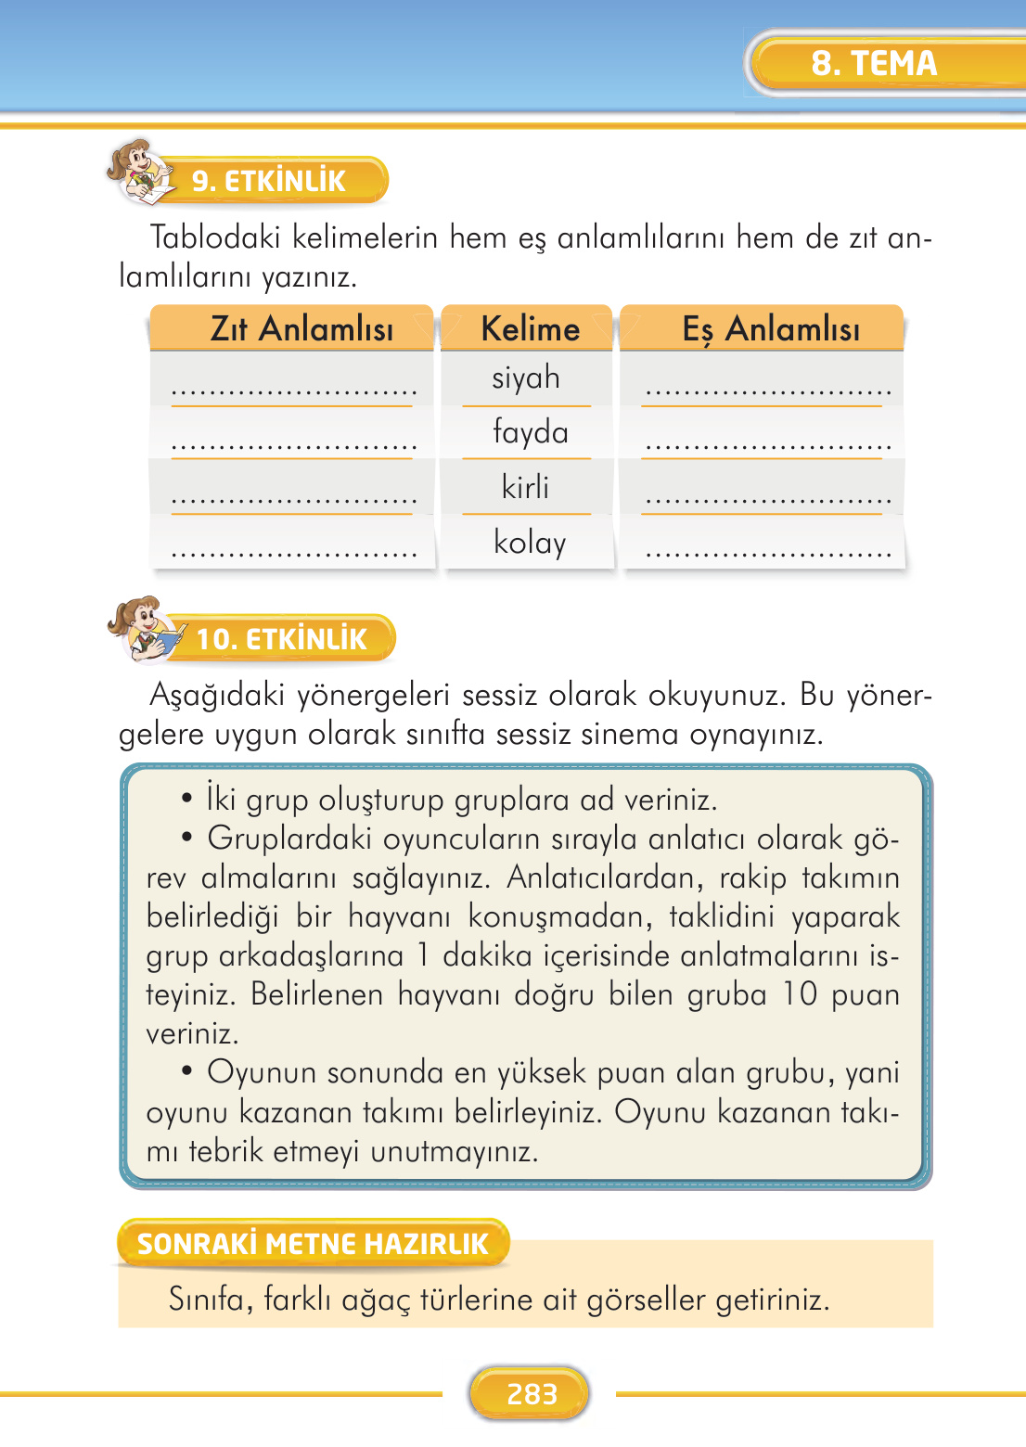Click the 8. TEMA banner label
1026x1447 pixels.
point(874,63)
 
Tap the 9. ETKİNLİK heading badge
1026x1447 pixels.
point(268,181)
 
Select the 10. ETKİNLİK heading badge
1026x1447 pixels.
point(281,639)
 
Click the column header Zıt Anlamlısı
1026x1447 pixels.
point(301,329)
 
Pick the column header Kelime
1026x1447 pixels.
point(530,329)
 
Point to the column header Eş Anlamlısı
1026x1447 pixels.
point(771,329)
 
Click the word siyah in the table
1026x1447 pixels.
point(526,378)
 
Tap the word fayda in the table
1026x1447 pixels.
point(530,433)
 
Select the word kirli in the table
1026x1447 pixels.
point(525,487)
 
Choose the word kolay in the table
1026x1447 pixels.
point(530,542)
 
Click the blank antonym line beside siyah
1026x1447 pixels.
point(294,393)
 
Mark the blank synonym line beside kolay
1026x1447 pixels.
point(768,554)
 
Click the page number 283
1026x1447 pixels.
point(532,1393)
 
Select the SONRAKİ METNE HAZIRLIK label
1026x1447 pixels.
point(313,1244)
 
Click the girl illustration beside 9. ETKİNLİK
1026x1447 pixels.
point(139,172)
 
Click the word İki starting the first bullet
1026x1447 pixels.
point(221,800)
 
